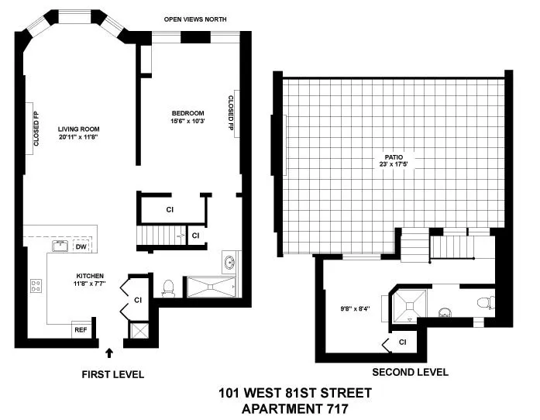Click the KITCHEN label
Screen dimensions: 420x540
click(89, 276)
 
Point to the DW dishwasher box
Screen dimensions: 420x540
click(81, 247)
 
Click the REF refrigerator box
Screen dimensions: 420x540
click(81, 329)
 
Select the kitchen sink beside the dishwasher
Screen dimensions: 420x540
click(58, 246)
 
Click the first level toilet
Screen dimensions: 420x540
click(167, 287)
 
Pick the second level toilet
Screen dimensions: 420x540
click(483, 303)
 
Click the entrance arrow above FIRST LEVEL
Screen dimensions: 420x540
click(108, 353)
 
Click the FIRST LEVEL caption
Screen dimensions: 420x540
click(112, 375)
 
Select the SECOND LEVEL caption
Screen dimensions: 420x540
click(410, 372)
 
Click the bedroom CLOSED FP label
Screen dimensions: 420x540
click(231, 112)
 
